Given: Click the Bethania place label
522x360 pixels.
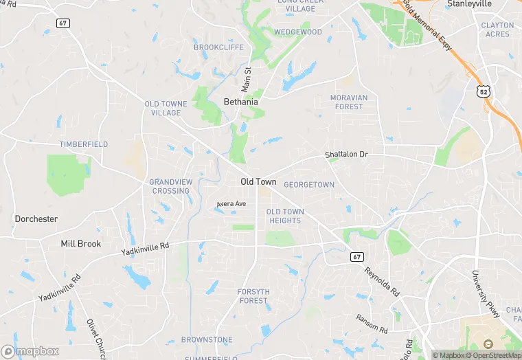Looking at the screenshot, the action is (x=241, y=102).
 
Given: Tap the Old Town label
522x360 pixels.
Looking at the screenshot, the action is (x=258, y=181).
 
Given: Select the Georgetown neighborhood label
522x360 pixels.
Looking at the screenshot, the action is (x=309, y=185).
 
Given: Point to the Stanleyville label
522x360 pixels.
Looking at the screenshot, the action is (x=470, y=3).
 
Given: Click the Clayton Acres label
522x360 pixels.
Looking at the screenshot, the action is (x=497, y=30).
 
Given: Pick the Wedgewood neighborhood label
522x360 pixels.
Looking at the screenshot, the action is (x=298, y=32).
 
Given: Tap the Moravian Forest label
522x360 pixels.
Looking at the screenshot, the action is (x=348, y=102).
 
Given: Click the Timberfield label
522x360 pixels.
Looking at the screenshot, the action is (x=83, y=144).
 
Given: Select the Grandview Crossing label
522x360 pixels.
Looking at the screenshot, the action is (x=170, y=186).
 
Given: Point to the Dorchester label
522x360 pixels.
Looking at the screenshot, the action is (x=36, y=219).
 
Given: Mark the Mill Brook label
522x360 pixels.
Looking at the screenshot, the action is (x=80, y=244).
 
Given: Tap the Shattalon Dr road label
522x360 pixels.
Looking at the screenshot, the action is (x=346, y=155).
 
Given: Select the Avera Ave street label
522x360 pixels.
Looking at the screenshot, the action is (x=231, y=204).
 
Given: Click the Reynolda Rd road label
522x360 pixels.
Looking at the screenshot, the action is (x=381, y=282).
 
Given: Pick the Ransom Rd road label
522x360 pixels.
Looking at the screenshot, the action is (x=372, y=322).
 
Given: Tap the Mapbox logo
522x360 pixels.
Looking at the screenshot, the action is (x=30, y=351).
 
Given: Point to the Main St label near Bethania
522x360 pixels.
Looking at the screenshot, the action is (x=246, y=80).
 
